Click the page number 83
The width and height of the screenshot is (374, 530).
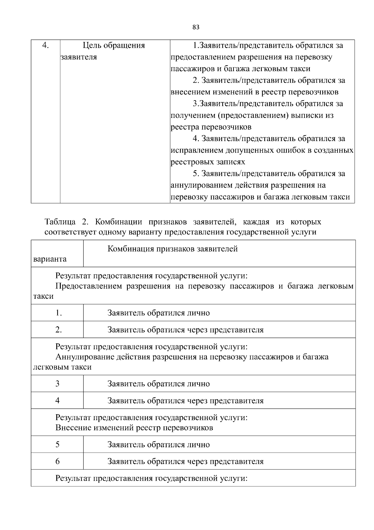coord(196,27)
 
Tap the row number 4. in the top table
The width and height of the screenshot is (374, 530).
coord(46,46)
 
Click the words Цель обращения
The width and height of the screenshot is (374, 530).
coord(114,46)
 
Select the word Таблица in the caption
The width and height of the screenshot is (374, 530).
coord(60,222)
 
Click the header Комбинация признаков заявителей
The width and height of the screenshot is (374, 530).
coord(172,249)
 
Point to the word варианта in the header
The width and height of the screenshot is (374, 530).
coord(50,259)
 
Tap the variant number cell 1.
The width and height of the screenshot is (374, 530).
coord(58,313)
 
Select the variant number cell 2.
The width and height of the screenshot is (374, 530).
coord(58,330)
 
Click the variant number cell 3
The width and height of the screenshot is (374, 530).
coord(57,384)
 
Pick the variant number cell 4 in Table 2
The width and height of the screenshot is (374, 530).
coord(57,400)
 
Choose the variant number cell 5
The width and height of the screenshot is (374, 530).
coord(57,444)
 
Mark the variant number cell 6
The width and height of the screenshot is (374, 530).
coord(57,461)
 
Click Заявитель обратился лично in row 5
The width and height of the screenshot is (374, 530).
coord(158,444)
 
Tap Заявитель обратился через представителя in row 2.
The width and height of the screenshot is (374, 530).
coord(185,330)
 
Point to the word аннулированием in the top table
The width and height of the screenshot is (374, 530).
coord(201,185)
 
